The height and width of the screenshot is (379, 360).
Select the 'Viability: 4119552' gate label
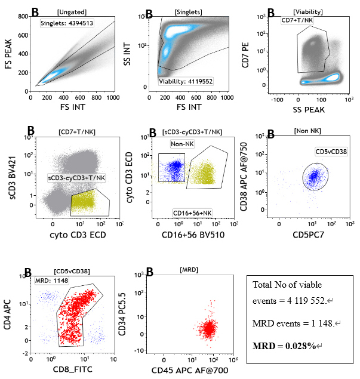coord(186,81)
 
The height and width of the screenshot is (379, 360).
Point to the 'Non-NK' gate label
coord(179,143)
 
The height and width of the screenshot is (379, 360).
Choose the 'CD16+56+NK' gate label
coord(192,212)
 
